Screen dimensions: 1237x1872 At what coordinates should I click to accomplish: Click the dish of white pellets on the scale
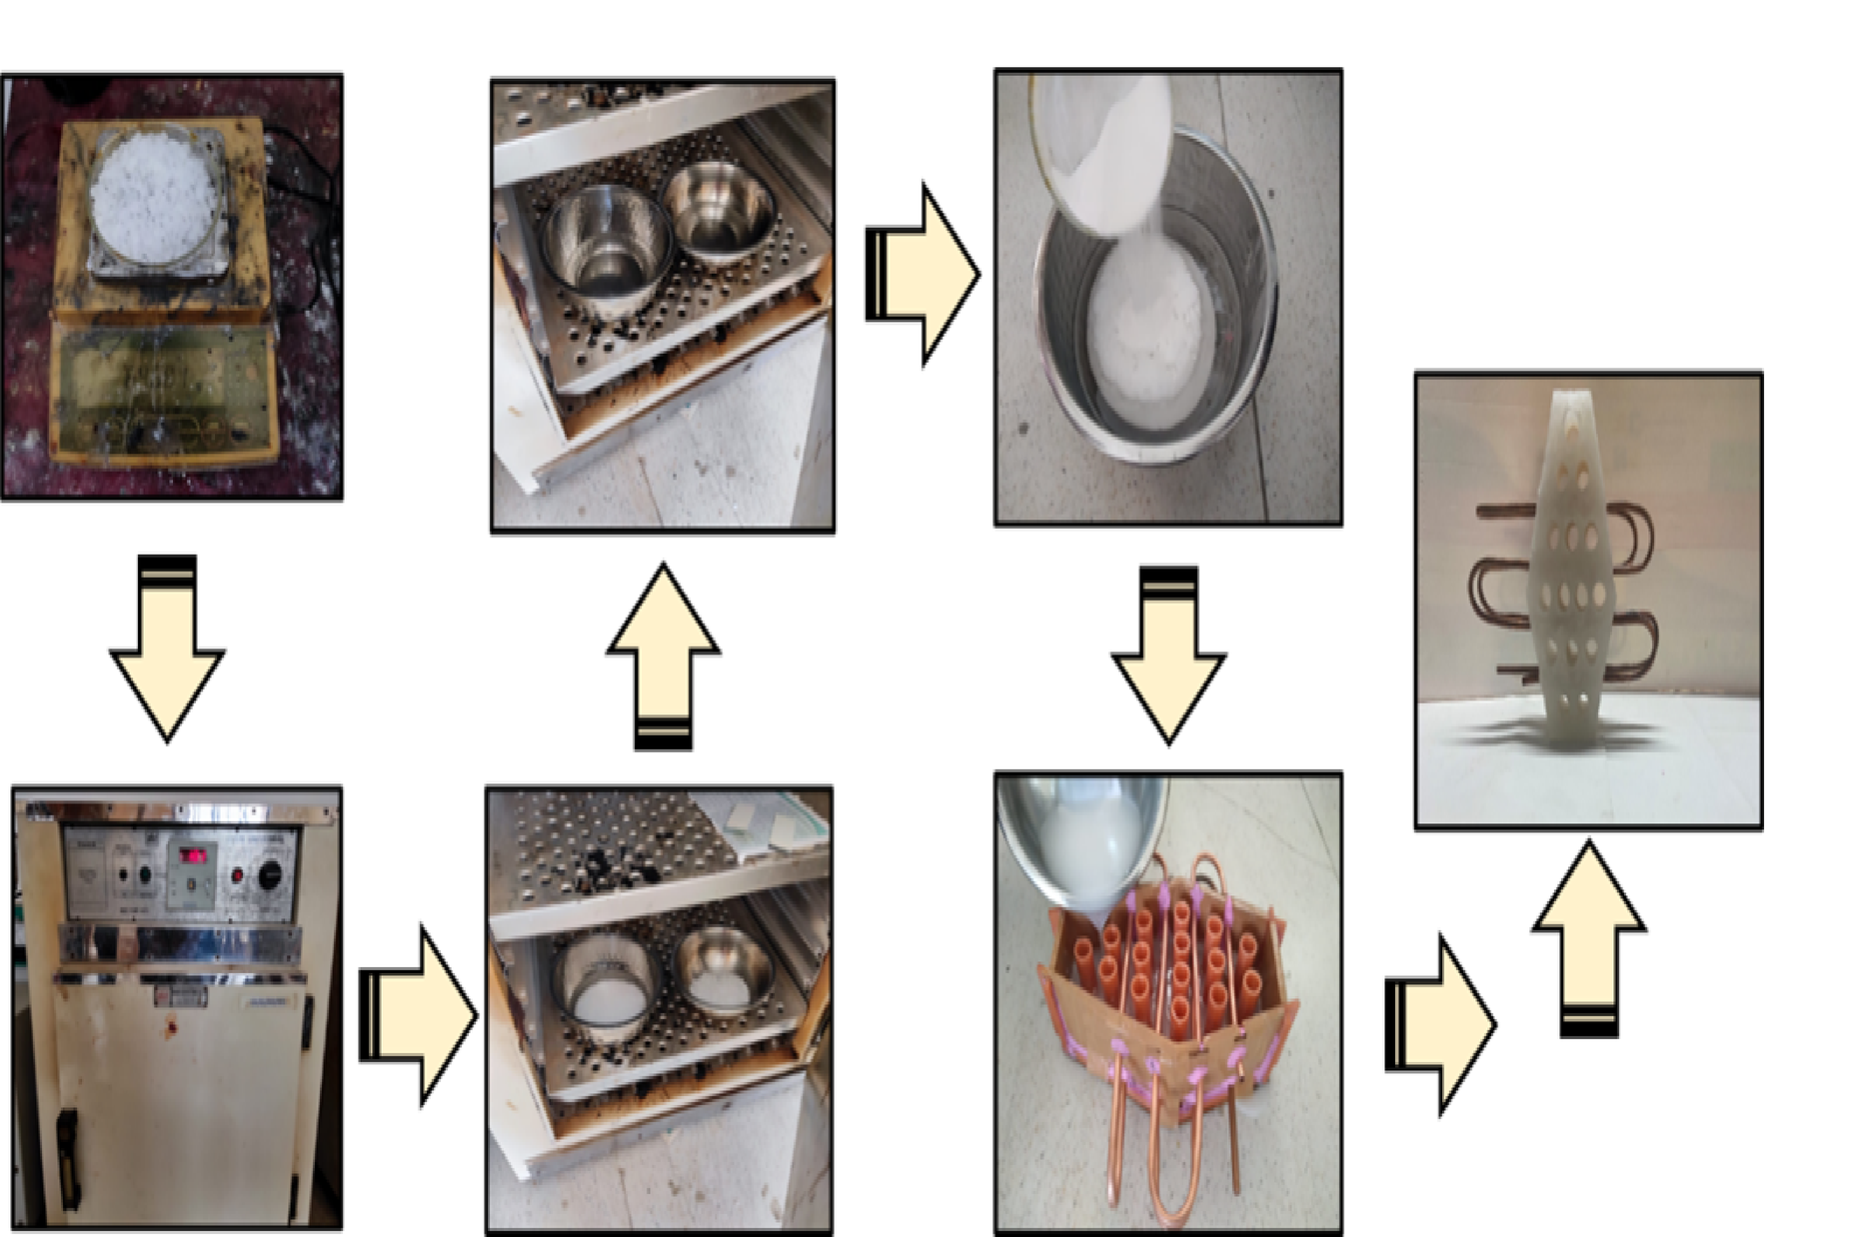click(x=153, y=196)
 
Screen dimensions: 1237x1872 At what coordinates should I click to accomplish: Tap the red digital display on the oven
click(x=193, y=855)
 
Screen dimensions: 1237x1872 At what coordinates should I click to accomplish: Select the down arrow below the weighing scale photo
click(x=167, y=649)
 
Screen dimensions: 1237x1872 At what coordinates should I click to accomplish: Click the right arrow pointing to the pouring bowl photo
click(x=922, y=275)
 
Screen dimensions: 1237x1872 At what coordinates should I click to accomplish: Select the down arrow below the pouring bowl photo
click(x=1168, y=654)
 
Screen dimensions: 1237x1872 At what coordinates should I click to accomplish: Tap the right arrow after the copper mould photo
click(x=1439, y=1024)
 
